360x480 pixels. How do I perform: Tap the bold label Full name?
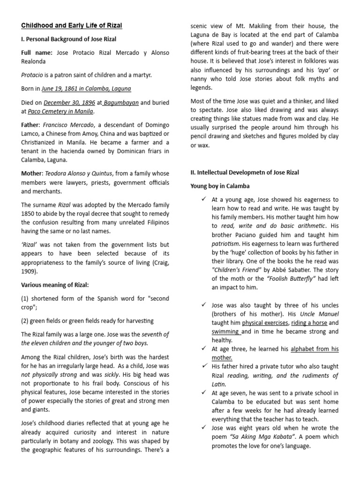[x=37, y=53]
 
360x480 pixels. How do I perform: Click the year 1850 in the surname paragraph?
[x=28, y=214]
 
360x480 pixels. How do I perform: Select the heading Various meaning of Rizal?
[x=54, y=285]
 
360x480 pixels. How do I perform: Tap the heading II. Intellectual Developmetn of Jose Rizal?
[x=244, y=172]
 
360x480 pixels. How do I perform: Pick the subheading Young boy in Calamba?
[x=220, y=186]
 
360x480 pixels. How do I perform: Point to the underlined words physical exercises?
[x=265, y=323]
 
